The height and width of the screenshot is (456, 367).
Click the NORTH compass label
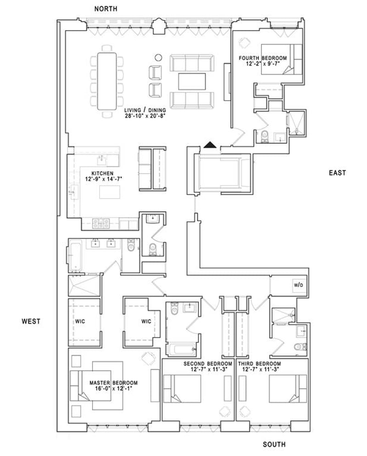(106, 9)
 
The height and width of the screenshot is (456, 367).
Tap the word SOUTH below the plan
(274, 445)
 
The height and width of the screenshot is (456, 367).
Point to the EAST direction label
(337, 173)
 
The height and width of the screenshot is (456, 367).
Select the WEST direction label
(31, 321)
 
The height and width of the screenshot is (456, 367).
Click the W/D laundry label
(298, 285)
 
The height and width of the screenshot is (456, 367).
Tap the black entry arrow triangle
(210, 144)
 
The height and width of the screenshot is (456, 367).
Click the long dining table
(107, 81)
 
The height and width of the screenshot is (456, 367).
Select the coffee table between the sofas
(192, 82)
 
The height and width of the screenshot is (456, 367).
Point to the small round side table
(158, 58)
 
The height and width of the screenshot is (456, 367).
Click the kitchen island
(110, 192)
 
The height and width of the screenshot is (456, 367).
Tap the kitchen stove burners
(101, 224)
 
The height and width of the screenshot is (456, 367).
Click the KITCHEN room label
(102, 174)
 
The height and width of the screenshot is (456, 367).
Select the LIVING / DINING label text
(145, 110)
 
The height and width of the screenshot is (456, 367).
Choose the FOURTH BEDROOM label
(262, 58)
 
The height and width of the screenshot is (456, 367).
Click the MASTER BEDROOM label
(113, 383)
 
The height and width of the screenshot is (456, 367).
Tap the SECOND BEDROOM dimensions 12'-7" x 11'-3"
(208, 369)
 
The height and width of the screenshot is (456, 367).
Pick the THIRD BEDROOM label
(260, 364)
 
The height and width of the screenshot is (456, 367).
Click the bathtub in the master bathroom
(75, 257)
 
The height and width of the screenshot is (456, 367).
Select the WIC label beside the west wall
(80, 321)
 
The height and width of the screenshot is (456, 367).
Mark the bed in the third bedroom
(288, 389)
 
